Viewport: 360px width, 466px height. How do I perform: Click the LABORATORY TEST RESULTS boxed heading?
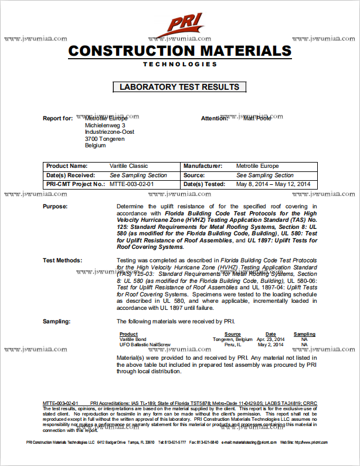[179, 87]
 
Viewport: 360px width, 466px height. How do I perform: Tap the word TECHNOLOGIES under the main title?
[179, 64]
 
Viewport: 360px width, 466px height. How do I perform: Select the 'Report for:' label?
[57, 119]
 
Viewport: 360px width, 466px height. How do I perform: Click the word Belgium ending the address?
[95, 146]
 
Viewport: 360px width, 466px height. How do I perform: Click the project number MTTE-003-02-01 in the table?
[131, 184]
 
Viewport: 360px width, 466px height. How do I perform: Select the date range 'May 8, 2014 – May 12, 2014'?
[273, 184]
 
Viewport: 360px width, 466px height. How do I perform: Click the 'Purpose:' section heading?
[55, 207]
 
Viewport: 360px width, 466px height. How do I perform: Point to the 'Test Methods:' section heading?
[62, 260]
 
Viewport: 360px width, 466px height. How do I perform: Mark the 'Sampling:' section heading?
[57, 322]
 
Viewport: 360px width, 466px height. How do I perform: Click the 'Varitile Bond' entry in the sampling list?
[133, 340]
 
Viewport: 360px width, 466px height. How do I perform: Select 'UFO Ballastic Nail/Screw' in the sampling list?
[144, 345]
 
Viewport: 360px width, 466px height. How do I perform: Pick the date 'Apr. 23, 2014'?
[270, 340]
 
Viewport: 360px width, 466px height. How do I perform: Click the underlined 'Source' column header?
[232, 335]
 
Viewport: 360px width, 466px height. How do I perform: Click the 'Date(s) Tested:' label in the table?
[204, 184]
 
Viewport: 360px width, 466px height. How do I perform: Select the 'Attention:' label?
[214, 119]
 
